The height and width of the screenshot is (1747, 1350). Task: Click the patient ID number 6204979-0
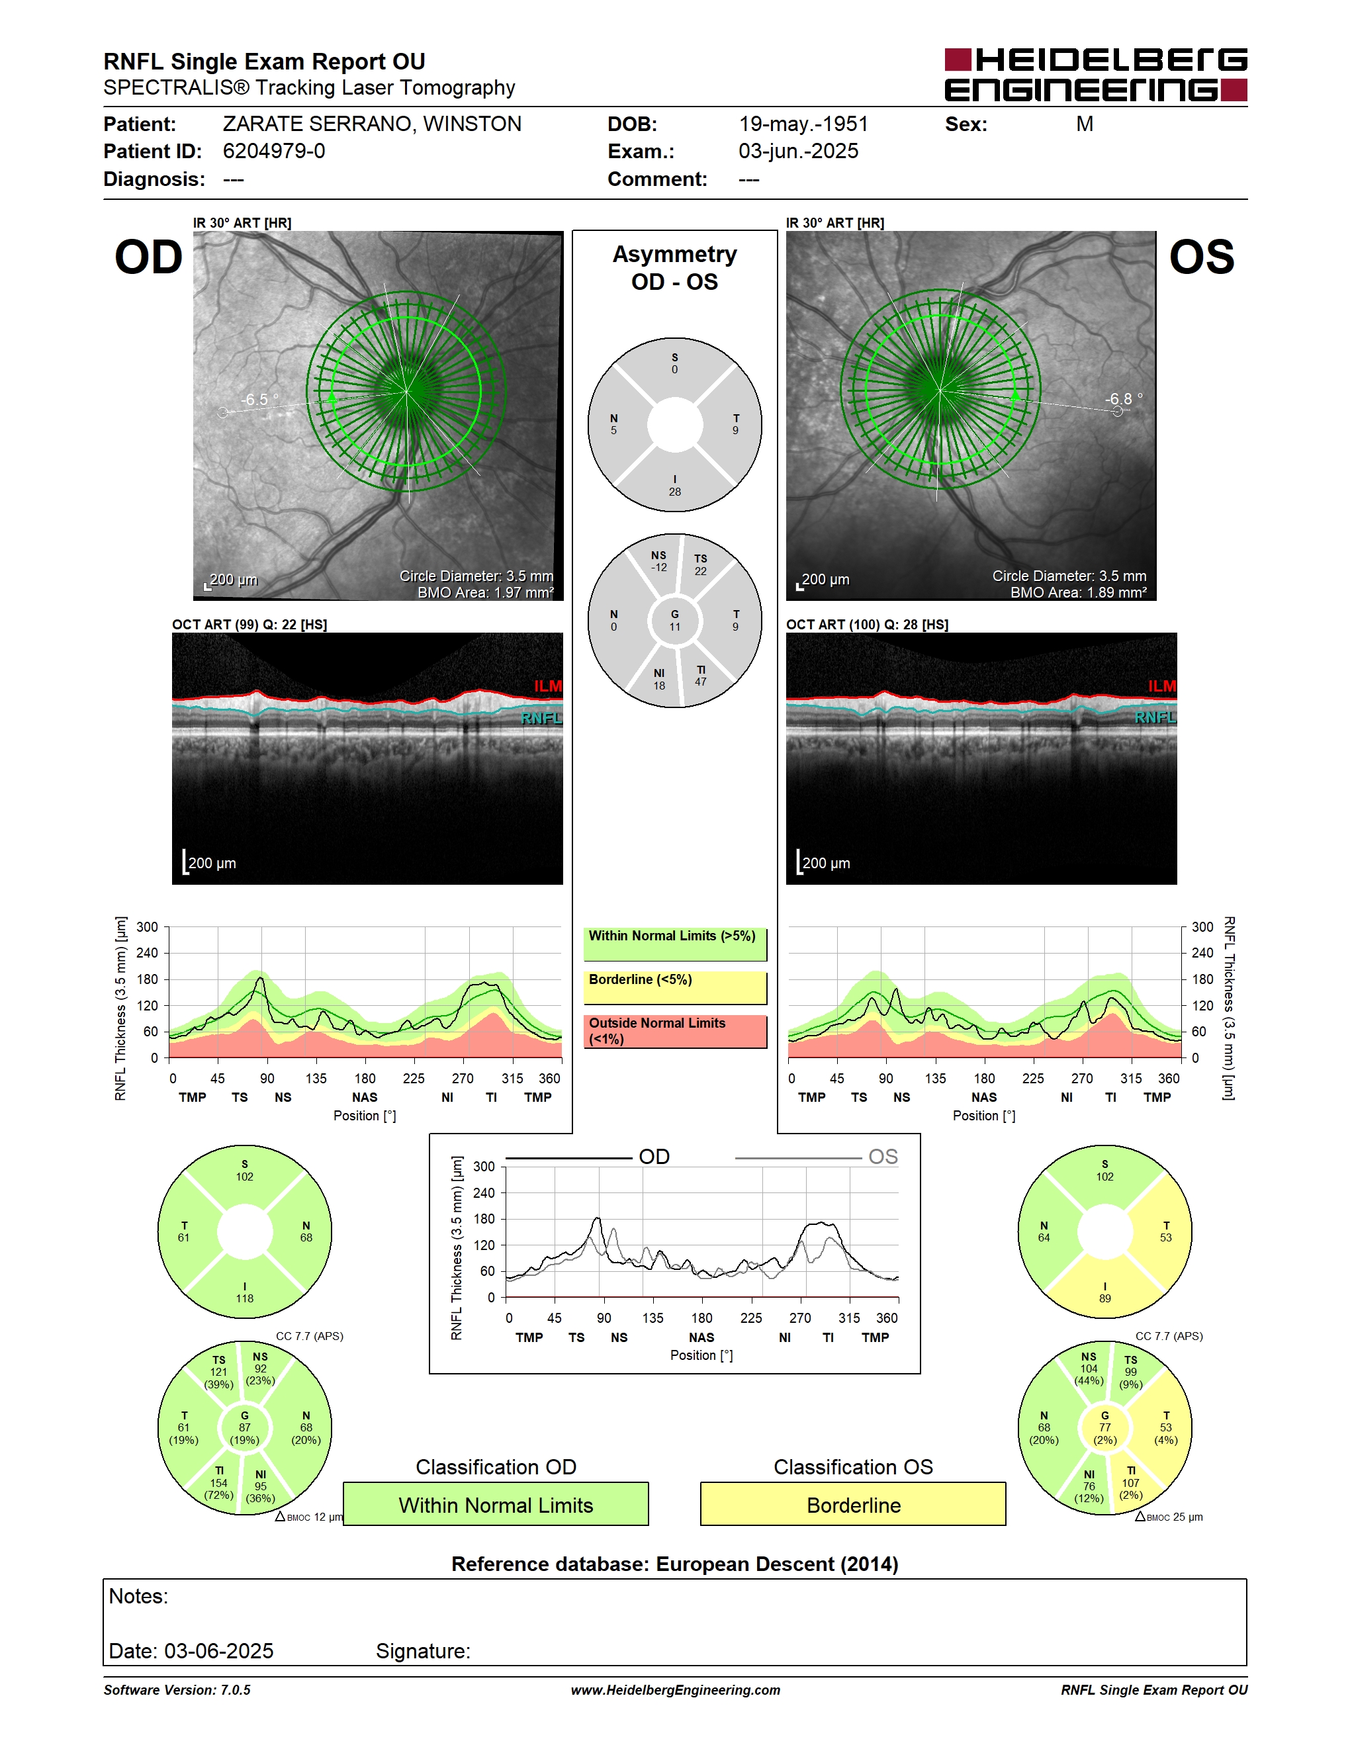tap(273, 151)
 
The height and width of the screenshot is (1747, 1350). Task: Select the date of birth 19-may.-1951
tap(803, 124)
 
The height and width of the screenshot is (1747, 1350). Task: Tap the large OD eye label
tap(149, 257)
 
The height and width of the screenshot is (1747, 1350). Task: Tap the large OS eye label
tap(1201, 257)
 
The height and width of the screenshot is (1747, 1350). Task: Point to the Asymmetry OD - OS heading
tap(675, 268)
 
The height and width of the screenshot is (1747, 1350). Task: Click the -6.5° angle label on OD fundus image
tap(260, 399)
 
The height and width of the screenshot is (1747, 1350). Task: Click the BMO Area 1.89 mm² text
tap(1078, 593)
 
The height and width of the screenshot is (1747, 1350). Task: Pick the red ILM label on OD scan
tap(548, 686)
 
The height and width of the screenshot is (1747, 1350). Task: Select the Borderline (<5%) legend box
tap(675, 988)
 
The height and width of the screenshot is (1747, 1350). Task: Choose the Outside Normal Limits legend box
tap(675, 1031)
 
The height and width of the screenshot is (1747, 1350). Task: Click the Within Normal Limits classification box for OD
tap(496, 1504)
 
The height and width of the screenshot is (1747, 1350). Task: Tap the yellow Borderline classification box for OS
tap(854, 1504)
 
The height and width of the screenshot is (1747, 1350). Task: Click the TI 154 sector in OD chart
tap(219, 1482)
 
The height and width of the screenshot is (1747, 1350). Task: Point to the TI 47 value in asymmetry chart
tap(701, 676)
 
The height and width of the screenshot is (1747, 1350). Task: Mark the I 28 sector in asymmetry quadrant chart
tap(675, 486)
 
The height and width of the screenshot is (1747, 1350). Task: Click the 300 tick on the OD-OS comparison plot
tap(484, 1166)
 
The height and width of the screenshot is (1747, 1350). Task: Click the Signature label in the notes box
tap(423, 1651)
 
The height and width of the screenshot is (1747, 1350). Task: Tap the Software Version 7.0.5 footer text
tap(177, 1690)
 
